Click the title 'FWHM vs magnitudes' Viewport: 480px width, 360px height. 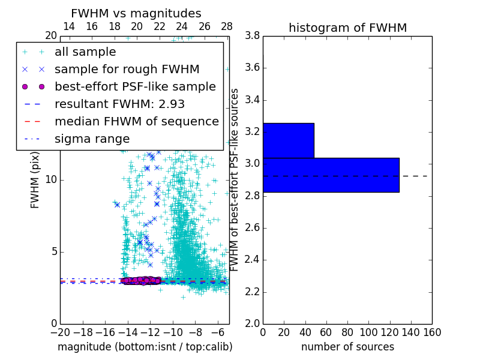point(136,13)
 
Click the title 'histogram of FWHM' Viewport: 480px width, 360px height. point(347,28)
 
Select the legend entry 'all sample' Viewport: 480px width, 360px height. point(85,52)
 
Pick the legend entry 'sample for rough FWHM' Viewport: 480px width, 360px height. point(127,69)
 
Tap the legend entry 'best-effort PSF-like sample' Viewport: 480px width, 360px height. point(135,86)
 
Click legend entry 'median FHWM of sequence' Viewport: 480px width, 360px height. point(136,121)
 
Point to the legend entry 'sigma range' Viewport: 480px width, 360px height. point(92,139)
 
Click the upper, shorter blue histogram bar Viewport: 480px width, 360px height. point(288,140)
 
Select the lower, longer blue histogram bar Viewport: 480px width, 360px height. point(331,175)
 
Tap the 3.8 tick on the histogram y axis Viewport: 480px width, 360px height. point(253,35)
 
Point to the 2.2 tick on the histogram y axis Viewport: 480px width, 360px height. point(253,292)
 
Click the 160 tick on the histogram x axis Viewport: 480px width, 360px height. point(432,332)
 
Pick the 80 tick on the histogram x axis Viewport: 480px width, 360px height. point(347,332)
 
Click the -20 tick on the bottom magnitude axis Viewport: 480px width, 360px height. point(60,332)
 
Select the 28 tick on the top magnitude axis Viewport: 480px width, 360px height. point(227,26)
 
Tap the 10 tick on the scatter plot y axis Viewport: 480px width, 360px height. point(51,179)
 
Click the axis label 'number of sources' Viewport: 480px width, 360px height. point(347,347)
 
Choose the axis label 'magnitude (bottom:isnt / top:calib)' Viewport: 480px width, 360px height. point(145,347)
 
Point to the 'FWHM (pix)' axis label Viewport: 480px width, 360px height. point(35,179)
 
